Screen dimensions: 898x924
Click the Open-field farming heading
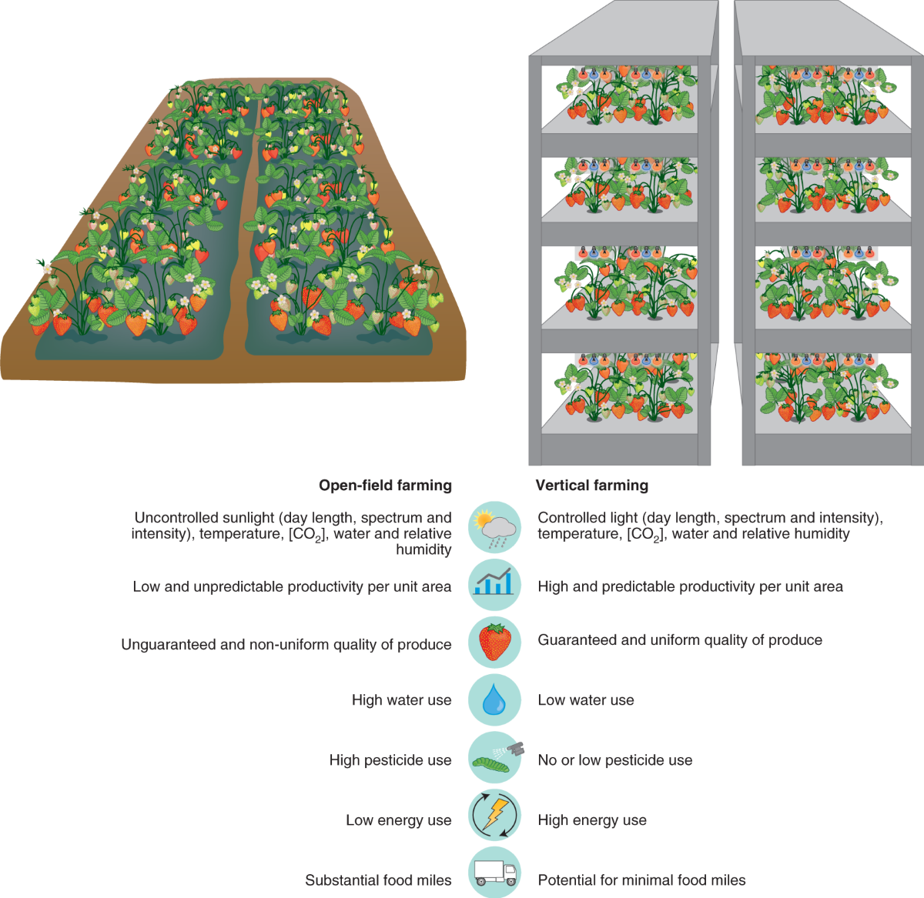click(385, 486)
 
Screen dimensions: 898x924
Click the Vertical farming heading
click(592, 486)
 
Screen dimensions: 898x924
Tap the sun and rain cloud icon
click(494, 527)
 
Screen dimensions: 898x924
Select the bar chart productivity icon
click(494, 586)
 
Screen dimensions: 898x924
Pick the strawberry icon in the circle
click(494, 643)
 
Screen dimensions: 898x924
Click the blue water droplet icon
click(494, 700)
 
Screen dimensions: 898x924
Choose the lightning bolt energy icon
click(494, 816)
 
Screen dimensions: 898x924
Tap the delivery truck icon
click(494, 872)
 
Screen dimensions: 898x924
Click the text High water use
click(401, 700)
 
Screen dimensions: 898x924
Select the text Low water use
click(586, 700)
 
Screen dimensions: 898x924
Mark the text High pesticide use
click(390, 760)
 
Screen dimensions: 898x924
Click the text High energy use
click(592, 820)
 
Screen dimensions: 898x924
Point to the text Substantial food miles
click(378, 880)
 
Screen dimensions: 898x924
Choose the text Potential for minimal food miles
click(641, 880)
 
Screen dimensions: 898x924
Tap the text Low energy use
click(398, 820)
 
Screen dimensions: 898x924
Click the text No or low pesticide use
click(614, 760)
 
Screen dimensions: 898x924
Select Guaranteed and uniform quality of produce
click(680, 640)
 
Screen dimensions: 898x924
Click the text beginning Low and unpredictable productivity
click(292, 587)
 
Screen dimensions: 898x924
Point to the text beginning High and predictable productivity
click(690, 587)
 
